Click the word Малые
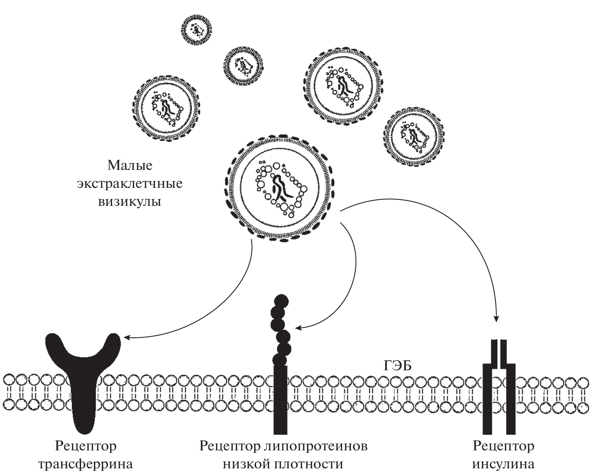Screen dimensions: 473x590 click(130, 166)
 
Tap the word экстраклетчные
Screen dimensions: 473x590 click(130, 184)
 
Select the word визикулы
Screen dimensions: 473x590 click(130, 201)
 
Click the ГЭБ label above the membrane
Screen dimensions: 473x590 click(397, 366)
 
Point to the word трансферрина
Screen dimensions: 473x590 click(86, 464)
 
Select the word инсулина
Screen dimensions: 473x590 click(503, 464)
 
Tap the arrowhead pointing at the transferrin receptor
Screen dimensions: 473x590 click(126, 337)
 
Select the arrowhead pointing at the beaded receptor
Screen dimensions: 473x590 click(298, 328)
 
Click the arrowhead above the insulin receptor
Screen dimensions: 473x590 click(497, 318)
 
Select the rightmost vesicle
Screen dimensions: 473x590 click(413, 136)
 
